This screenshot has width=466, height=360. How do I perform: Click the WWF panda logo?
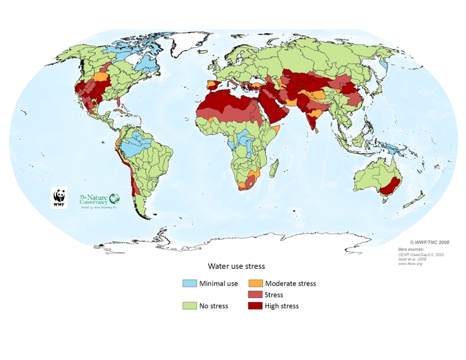(x=59, y=198)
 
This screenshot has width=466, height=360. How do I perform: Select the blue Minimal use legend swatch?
(x=191, y=283)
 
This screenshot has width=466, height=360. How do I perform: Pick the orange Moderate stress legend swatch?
(x=256, y=283)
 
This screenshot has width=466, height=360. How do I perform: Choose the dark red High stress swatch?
(x=256, y=306)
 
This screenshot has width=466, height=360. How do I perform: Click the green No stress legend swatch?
(x=191, y=306)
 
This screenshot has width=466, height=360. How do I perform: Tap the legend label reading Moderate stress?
(x=290, y=283)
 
